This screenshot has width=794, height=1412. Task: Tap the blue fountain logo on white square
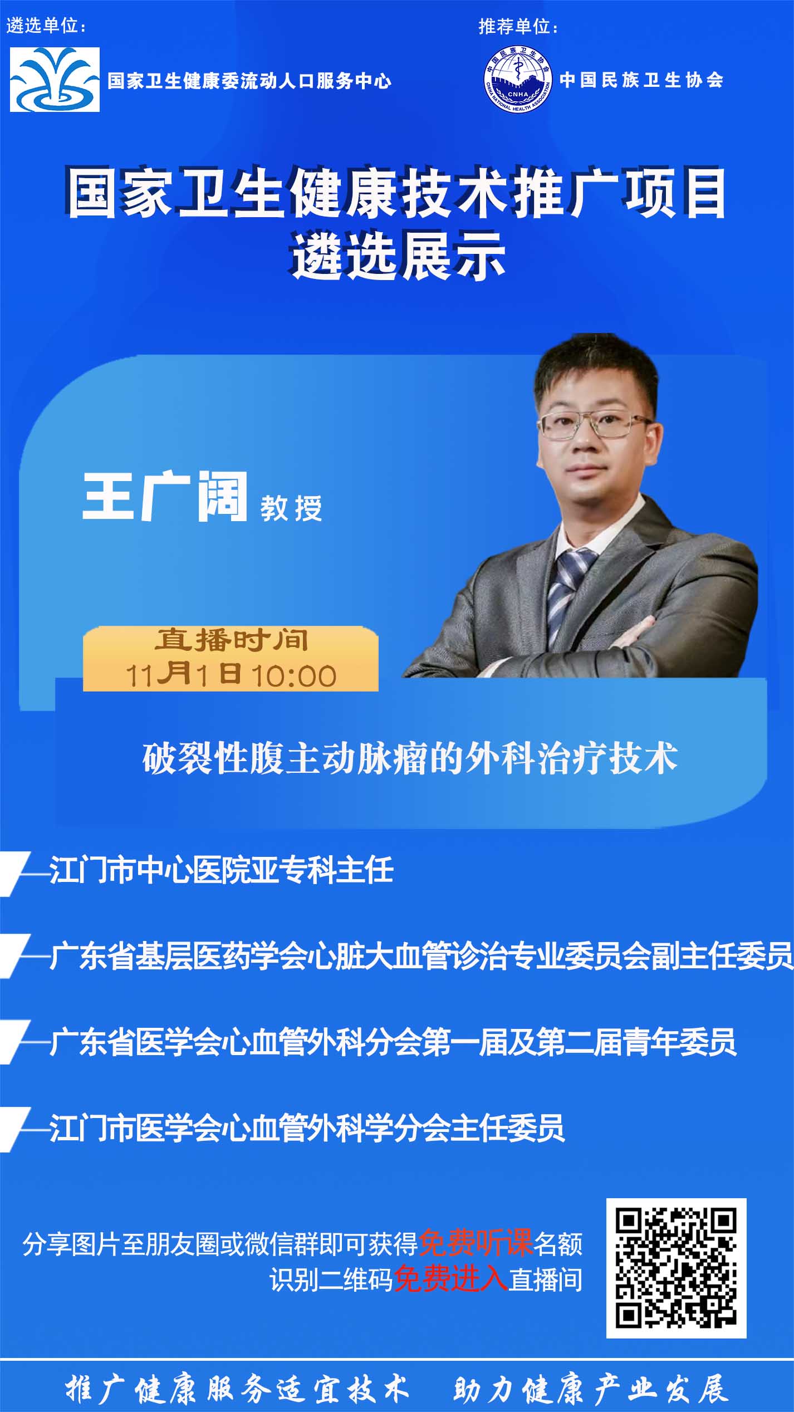(55, 80)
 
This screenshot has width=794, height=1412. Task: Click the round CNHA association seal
(518, 79)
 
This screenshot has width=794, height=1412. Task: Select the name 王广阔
(165, 496)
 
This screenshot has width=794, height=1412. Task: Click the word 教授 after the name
(291, 508)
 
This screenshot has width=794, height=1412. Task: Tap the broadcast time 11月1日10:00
(231, 674)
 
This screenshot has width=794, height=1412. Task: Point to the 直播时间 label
(231, 640)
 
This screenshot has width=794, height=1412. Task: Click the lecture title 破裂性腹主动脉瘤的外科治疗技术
(410, 758)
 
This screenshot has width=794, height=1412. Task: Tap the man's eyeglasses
(594, 424)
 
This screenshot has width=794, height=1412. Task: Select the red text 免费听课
(475, 1243)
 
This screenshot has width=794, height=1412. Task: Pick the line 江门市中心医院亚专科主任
(222, 870)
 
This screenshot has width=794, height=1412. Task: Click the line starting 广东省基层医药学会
(421, 956)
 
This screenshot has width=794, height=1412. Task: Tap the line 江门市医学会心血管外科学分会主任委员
(307, 1127)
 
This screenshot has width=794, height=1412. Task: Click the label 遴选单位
(46, 26)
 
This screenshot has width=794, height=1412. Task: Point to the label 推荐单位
(518, 26)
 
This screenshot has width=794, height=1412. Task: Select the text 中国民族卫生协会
(641, 80)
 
